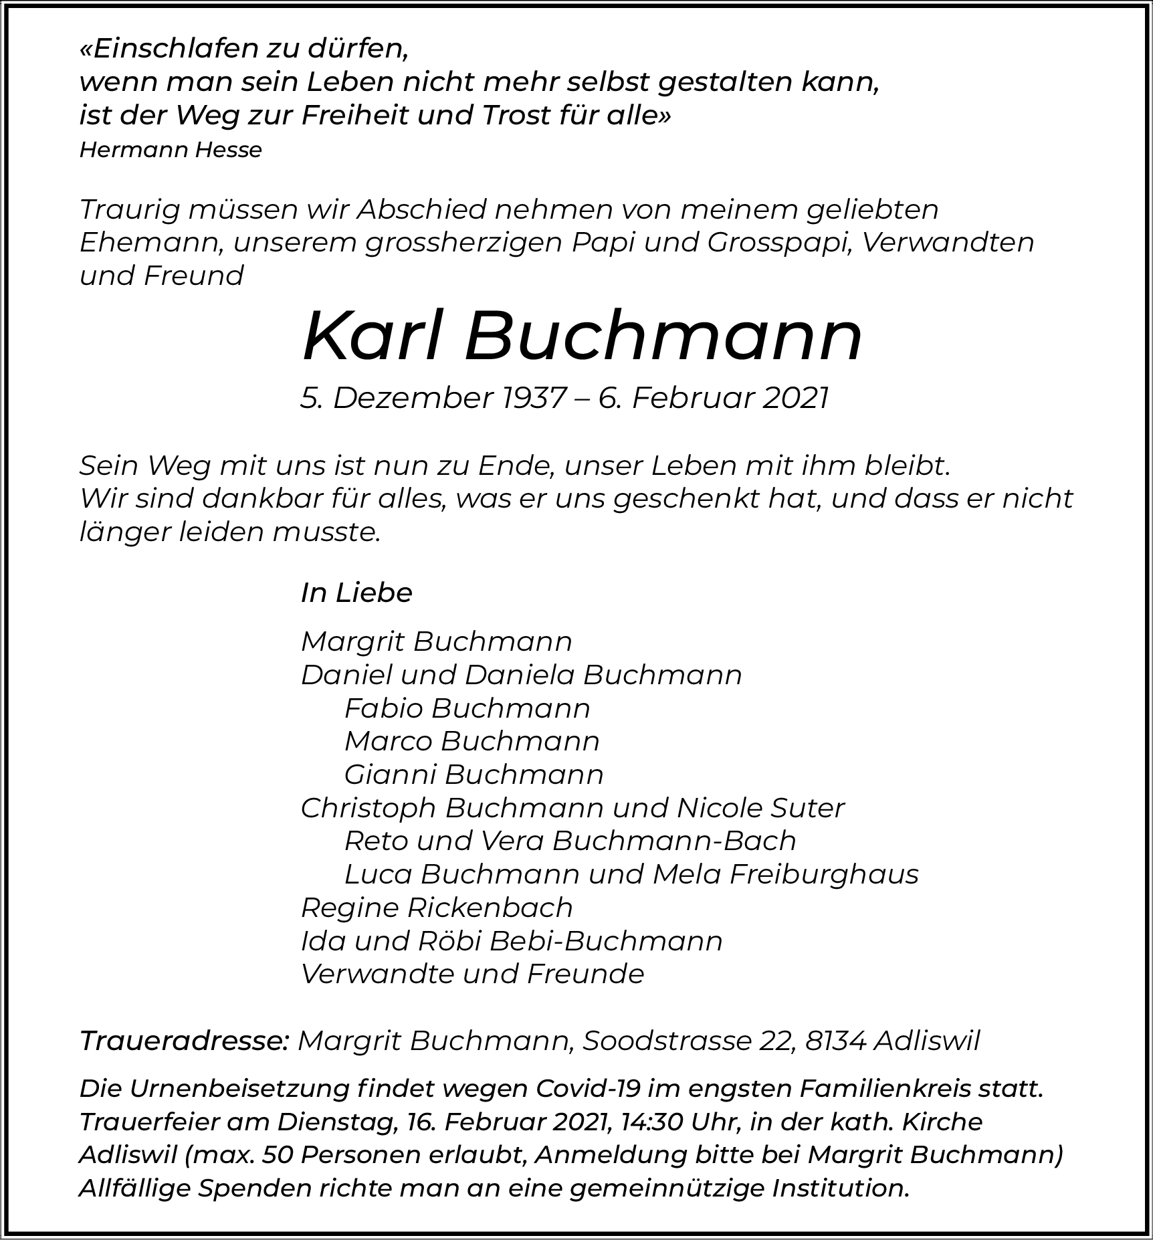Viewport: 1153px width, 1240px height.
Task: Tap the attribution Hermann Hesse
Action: click(171, 150)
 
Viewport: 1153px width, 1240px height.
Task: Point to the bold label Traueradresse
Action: click(184, 1041)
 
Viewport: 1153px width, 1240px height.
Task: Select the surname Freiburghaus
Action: click(824, 874)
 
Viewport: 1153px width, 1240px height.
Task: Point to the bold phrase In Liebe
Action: click(356, 593)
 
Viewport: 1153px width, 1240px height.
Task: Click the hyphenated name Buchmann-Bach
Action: click(674, 841)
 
